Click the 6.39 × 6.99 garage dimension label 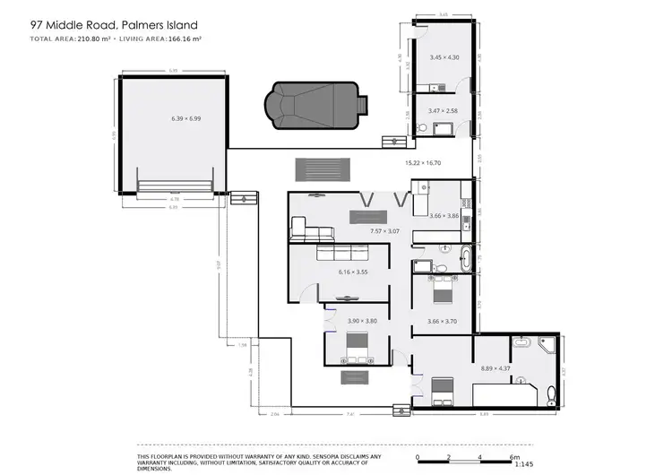185,118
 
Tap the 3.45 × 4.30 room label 444,57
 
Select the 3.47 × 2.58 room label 444,110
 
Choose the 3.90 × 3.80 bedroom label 363,320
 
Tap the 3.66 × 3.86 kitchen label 444,216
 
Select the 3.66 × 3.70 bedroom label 442,321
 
